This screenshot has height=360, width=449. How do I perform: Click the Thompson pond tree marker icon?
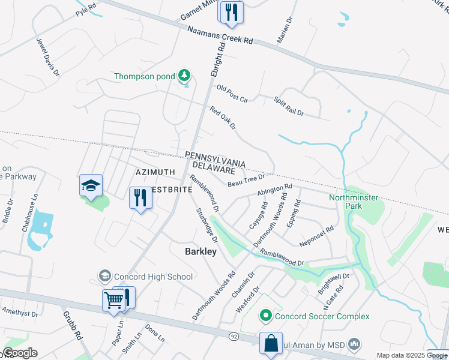pyautogui.click(x=185, y=76)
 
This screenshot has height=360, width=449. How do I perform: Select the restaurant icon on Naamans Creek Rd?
pyautogui.click(x=231, y=12)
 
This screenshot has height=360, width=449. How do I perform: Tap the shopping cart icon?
pyautogui.click(x=113, y=299)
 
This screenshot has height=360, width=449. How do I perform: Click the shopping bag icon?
pyautogui.click(x=271, y=343)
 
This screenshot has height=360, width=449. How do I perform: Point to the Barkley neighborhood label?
pyautogui.click(x=200, y=252)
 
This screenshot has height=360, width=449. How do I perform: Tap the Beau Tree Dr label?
pyautogui.click(x=246, y=179)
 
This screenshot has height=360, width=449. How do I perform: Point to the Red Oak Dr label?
pyautogui.click(x=223, y=118)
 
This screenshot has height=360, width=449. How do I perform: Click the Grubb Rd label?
pyautogui.click(x=71, y=325)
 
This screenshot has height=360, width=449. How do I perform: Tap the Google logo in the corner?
pyautogui.click(x=19, y=353)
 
